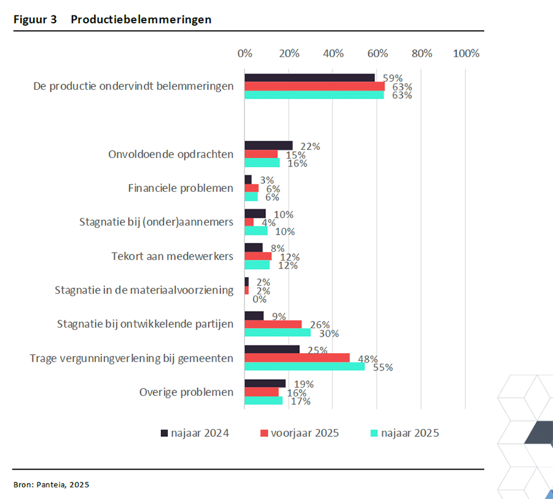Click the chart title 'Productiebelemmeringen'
point(141,20)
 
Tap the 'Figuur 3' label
point(35,20)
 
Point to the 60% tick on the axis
point(377,53)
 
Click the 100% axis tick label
point(466,53)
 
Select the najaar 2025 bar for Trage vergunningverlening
point(305,366)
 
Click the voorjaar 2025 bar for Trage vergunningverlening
point(297,358)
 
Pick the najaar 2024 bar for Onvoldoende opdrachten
point(269,146)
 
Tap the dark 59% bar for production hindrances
point(310,77)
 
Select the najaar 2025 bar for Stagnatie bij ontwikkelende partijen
point(278,332)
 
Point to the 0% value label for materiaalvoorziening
point(259,299)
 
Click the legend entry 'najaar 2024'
point(200,433)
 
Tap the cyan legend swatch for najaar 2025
point(372,433)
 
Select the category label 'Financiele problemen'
point(181,188)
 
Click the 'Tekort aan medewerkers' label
point(173,256)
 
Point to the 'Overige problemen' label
point(186,392)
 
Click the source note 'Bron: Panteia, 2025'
point(51,484)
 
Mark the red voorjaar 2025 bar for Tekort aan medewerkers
point(258,256)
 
